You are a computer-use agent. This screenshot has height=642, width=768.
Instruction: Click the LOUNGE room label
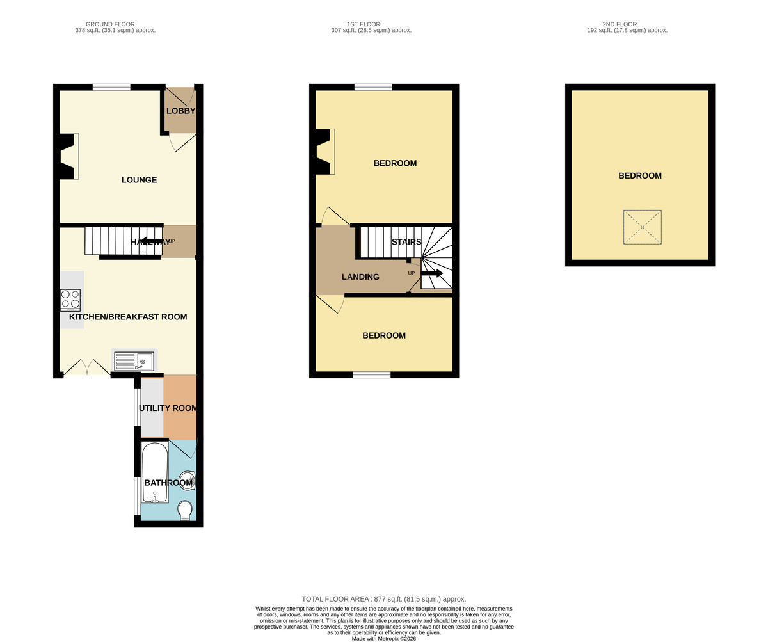click(139, 180)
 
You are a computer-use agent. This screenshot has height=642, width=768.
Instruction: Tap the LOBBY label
click(180, 111)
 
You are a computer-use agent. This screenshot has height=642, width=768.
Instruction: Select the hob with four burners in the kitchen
click(70, 299)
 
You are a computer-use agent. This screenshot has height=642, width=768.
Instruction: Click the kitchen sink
click(134, 361)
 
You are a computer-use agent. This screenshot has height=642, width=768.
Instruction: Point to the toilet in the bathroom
click(185, 510)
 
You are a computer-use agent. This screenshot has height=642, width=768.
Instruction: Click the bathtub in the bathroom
click(155, 472)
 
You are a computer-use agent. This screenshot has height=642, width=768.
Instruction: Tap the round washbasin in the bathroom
click(188, 481)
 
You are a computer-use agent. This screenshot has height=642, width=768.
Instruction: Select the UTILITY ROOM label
click(168, 408)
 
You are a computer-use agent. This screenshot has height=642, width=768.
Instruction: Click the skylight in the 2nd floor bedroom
click(642, 227)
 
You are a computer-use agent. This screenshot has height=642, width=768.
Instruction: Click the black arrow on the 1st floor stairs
click(432, 273)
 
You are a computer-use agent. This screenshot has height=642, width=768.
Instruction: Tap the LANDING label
click(360, 277)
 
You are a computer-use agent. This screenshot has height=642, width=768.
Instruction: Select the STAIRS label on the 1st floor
click(406, 242)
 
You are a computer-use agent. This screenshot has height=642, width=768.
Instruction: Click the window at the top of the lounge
click(111, 87)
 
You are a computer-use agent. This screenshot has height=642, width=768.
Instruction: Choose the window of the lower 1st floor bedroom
click(372, 375)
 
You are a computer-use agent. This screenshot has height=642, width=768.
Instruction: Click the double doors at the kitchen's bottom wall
click(87, 367)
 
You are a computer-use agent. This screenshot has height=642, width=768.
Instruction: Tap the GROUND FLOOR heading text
click(110, 24)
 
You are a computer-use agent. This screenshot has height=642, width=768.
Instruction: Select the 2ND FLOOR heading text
click(620, 24)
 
